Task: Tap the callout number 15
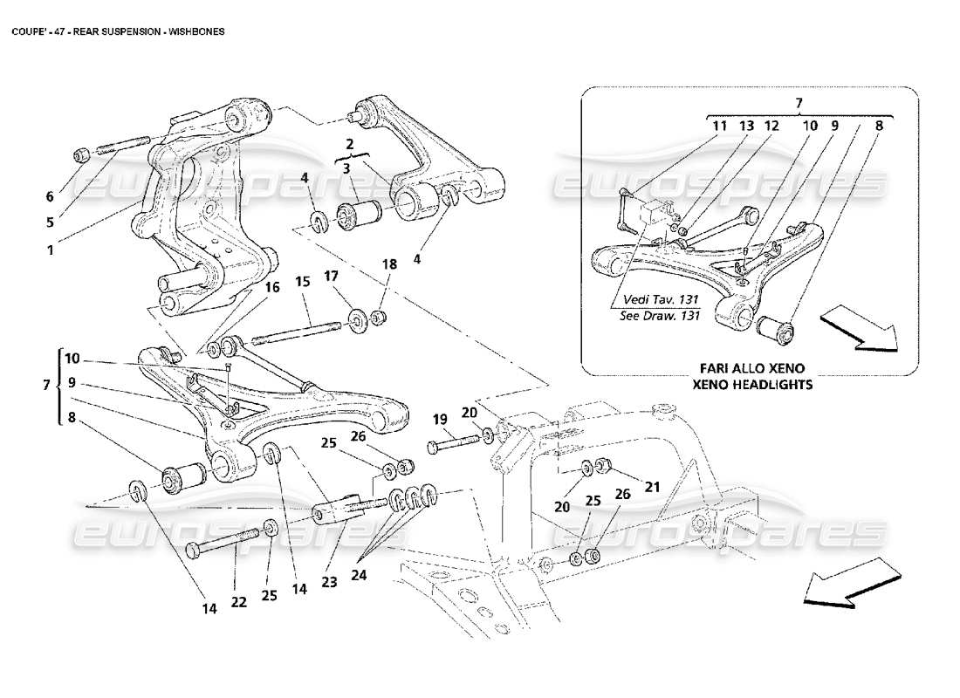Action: click(x=302, y=282)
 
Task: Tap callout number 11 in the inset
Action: click(x=718, y=126)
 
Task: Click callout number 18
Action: click(x=388, y=263)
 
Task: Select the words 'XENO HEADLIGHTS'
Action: click(x=749, y=384)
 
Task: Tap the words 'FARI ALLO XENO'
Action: click(x=749, y=368)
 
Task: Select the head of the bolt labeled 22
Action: click(x=193, y=550)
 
